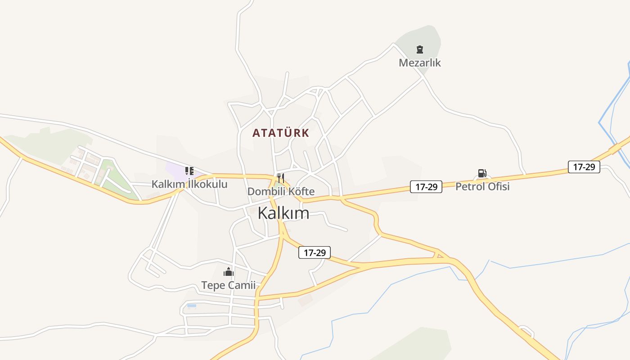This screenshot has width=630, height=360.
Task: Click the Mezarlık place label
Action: tap(419, 63)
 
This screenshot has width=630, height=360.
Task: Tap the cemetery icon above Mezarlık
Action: tap(420, 49)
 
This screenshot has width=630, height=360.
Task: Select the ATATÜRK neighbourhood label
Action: tap(281, 133)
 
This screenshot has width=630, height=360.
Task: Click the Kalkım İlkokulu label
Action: tap(189, 184)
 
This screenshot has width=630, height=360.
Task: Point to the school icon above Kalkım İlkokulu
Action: tap(189, 171)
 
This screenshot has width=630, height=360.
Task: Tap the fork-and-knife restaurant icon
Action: tap(281, 178)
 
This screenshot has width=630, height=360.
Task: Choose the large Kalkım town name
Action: tap(283, 213)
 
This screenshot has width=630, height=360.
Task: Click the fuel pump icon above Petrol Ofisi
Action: tap(482, 173)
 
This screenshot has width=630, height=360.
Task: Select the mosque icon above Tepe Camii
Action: tap(229, 272)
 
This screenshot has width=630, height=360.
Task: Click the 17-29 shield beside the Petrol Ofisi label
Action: tap(426, 187)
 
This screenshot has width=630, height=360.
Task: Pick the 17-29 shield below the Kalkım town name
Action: tap(315, 252)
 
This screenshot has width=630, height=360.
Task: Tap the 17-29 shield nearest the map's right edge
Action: tap(584, 167)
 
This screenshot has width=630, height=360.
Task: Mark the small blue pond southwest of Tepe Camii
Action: tap(192, 306)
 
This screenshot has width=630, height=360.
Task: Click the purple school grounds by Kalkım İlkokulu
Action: tap(175, 170)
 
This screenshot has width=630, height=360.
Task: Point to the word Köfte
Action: tap(301, 191)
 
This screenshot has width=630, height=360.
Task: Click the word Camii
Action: tap(243, 285)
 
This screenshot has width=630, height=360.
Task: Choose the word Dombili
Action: tap(266, 191)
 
